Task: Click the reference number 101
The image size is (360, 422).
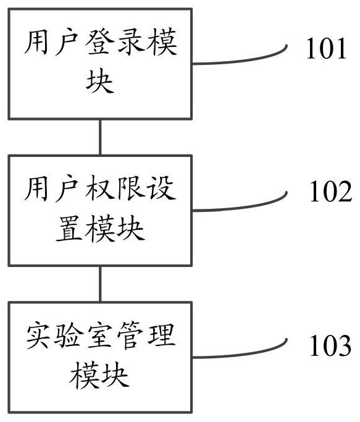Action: (x=326, y=48)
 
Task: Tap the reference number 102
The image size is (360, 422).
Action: (x=331, y=192)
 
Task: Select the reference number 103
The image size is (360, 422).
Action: (x=330, y=345)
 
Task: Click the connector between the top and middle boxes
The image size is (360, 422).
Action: (x=100, y=137)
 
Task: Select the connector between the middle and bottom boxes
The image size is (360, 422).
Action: (x=100, y=284)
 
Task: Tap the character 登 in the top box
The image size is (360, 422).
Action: (x=100, y=43)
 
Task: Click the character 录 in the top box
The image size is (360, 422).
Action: (x=131, y=43)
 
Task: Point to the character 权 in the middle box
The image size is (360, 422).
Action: (x=100, y=188)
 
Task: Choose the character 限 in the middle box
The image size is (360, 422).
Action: (x=131, y=188)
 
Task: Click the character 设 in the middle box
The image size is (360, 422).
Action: (x=162, y=188)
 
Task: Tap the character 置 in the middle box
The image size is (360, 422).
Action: (x=69, y=228)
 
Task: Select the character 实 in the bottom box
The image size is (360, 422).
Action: (x=39, y=336)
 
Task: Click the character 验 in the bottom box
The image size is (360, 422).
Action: (x=69, y=336)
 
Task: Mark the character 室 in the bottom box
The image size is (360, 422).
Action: (x=100, y=336)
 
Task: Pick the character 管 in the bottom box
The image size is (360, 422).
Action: (x=131, y=336)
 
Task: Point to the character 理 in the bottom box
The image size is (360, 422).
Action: (x=161, y=336)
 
